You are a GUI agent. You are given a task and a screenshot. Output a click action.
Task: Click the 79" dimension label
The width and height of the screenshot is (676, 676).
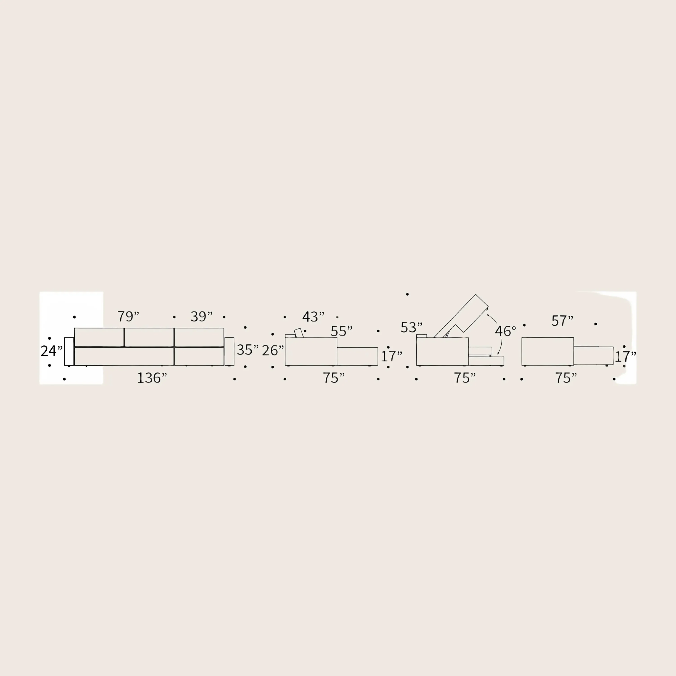click(128, 316)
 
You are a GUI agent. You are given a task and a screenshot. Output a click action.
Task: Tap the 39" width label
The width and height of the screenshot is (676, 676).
click(201, 316)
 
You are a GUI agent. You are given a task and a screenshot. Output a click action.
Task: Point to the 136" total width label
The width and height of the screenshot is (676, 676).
click(152, 378)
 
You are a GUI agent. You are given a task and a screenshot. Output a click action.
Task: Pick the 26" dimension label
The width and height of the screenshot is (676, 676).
click(273, 350)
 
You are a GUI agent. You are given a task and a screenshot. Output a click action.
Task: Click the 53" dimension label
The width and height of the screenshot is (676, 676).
click(411, 327)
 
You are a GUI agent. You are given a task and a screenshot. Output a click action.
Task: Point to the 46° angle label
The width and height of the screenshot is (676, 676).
click(505, 331)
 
